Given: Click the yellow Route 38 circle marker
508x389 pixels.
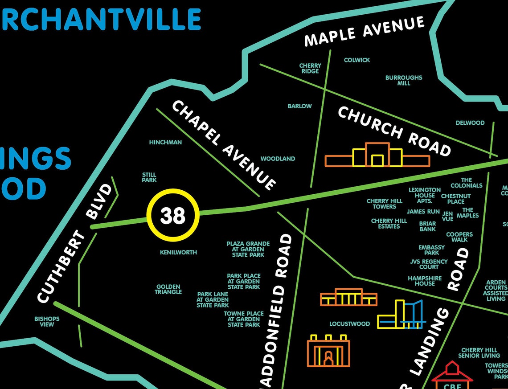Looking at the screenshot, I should [x=173, y=215].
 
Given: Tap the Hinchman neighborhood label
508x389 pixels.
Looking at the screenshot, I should [x=165, y=143].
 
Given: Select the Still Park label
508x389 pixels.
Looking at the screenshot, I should [x=149, y=177].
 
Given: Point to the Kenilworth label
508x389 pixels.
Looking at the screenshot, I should [x=178, y=253].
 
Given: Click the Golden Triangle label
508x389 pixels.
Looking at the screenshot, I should [x=168, y=289].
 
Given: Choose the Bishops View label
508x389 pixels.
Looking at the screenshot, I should [x=47, y=321].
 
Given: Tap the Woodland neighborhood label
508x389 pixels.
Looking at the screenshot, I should [x=278, y=159].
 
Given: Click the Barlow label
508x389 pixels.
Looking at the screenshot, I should [x=299, y=106].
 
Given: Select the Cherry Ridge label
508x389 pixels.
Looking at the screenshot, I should [x=310, y=69].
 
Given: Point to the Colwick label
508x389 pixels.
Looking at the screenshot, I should [x=356, y=60].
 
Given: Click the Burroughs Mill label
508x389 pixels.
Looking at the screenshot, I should [x=404, y=80].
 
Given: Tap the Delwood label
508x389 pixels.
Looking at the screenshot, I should [x=470, y=123].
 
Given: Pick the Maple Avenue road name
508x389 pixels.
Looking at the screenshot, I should [x=364, y=31].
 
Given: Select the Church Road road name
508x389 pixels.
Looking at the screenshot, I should [x=394, y=131].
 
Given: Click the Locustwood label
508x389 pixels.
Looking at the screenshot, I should [x=349, y=324].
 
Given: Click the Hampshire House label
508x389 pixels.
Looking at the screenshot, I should [x=425, y=281].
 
